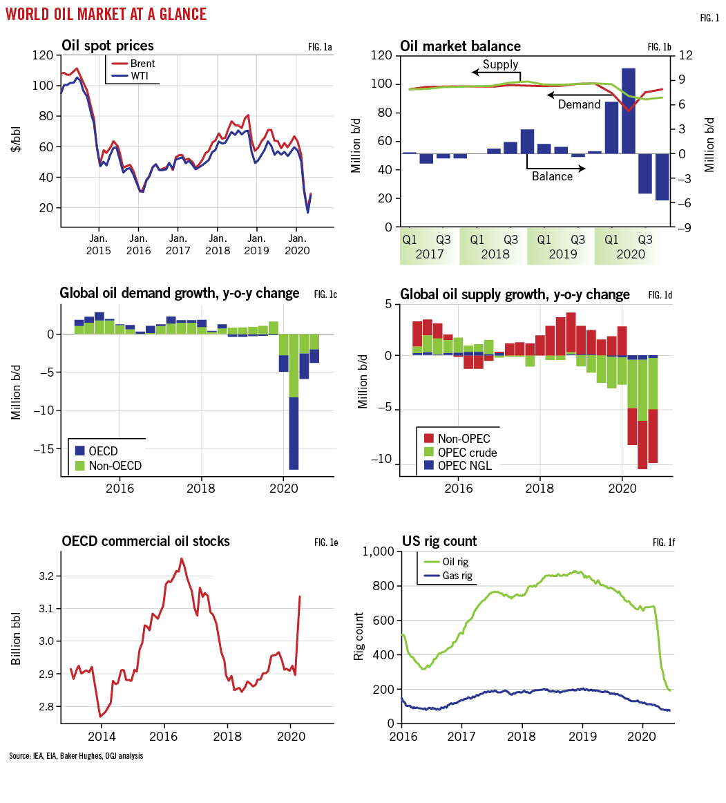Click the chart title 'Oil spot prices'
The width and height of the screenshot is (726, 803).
click(x=108, y=46)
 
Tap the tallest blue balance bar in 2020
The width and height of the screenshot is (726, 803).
click(x=628, y=111)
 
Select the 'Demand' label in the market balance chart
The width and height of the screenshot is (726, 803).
click(x=579, y=104)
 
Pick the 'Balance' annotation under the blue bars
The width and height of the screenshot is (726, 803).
click(x=552, y=176)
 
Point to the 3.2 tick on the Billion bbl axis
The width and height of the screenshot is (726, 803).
click(x=46, y=576)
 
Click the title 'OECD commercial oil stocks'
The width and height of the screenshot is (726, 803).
click(x=146, y=541)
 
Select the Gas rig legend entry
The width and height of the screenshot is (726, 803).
click(x=456, y=575)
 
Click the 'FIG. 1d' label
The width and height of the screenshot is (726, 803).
click(x=660, y=295)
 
